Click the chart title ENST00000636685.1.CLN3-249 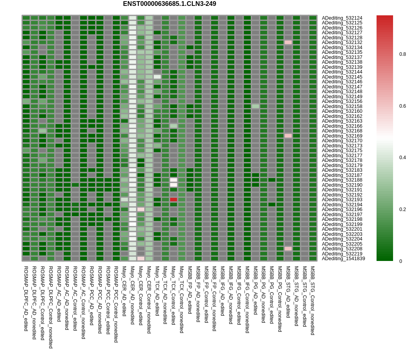[x=169, y=4]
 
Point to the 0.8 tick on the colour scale [x=402, y=54]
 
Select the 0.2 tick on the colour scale [x=402, y=209]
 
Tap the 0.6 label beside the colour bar [x=402, y=106]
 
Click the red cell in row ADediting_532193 [x=173, y=200]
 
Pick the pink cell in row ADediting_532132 [x=288, y=42]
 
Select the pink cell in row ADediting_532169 [x=288, y=136]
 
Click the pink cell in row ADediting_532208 [x=288, y=249]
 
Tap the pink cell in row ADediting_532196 [x=141, y=209]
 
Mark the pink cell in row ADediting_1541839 [x=141, y=259]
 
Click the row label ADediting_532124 [x=342, y=18]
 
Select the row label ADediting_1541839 [x=343, y=259]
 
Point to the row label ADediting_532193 [x=342, y=200]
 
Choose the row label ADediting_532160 [x=342, y=111]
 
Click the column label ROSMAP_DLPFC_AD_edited [x=26, y=298]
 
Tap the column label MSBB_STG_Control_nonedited [x=312, y=300]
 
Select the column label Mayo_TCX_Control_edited [x=173, y=295]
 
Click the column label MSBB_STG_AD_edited [x=288, y=292]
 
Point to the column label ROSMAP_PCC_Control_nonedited [x=116, y=304]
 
